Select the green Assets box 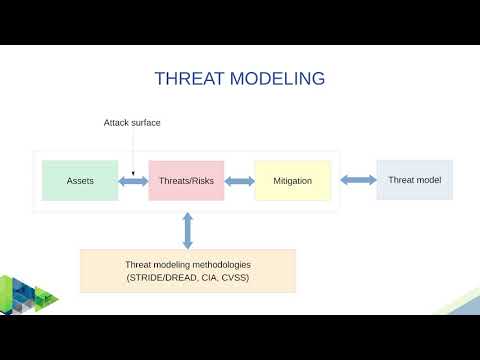80,181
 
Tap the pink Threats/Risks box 186,181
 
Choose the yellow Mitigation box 292,181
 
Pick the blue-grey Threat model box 414,180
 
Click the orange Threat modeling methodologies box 187,271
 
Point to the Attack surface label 132,123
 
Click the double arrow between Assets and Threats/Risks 133,181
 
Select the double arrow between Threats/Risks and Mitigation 239,181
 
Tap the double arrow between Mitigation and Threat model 357,180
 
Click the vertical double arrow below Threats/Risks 187,230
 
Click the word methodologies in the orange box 220,264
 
